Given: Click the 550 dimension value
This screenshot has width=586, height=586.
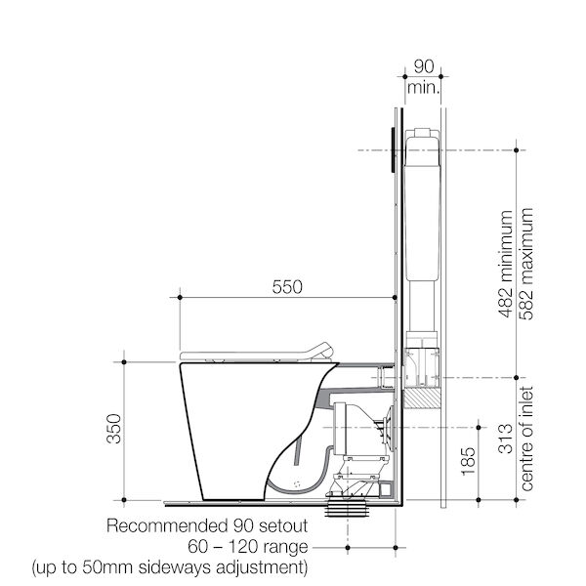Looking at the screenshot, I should pos(285,287).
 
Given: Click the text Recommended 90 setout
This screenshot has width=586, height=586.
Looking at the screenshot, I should pos(207,524).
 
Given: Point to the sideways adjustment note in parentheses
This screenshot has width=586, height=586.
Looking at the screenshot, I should pos(170,565).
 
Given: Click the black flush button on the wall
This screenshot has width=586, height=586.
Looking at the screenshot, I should pos(392,149).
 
